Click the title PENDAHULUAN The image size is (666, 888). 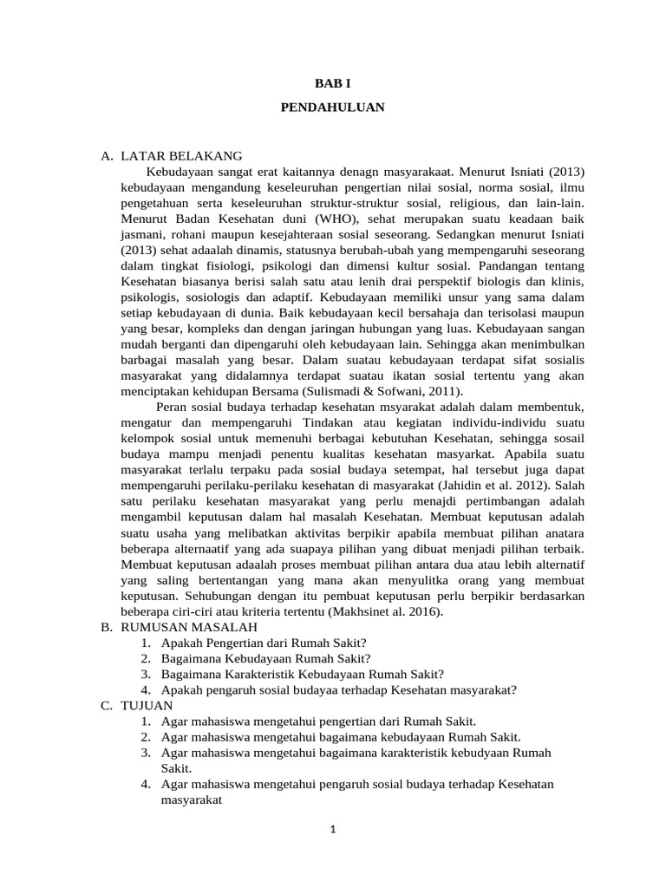pos(333,108)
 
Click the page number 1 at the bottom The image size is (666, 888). pos(332,829)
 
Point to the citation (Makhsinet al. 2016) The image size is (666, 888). pos(377,611)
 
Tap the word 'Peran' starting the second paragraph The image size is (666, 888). pos(172,408)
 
